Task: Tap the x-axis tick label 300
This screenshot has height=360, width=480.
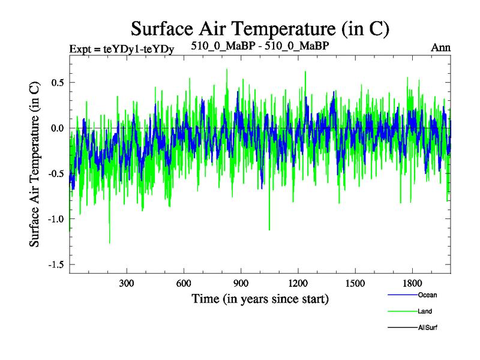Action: [x=127, y=283]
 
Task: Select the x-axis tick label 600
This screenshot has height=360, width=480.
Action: [x=184, y=283]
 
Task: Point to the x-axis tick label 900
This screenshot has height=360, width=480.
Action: [x=241, y=283]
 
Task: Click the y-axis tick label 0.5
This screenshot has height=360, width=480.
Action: [x=57, y=83]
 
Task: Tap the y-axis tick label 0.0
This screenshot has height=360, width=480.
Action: [x=57, y=128]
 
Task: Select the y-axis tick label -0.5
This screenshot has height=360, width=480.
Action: [x=55, y=174]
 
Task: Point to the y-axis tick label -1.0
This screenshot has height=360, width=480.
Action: [x=55, y=219]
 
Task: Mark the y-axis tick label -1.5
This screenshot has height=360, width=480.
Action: [x=55, y=265]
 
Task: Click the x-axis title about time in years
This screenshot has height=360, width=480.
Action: [x=260, y=298]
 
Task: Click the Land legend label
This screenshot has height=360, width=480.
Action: [x=424, y=311]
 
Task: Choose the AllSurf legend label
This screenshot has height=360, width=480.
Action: [x=427, y=328]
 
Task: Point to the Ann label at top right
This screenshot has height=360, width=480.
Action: [x=440, y=47]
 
